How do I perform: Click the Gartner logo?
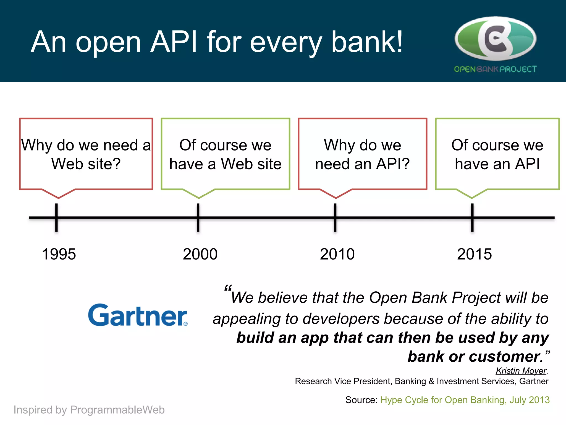point(138,315)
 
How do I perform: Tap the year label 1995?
point(59,254)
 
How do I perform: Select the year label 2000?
point(200,254)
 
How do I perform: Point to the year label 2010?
point(337,254)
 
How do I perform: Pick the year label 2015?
point(474,254)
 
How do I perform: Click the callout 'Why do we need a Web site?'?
point(86,154)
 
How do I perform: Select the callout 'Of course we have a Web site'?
point(225,154)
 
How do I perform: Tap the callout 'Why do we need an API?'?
point(362,154)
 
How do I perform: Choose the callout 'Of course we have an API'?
point(497,154)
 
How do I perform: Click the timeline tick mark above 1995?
point(56,217)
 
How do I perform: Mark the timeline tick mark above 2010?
point(335,217)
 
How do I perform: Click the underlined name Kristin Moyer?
point(521,371)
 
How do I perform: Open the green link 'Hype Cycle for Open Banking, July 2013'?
point(465,400)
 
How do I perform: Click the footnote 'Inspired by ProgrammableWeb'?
point(89,410)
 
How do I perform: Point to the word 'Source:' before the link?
point(361,400)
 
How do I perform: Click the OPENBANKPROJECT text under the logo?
point(495,69)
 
